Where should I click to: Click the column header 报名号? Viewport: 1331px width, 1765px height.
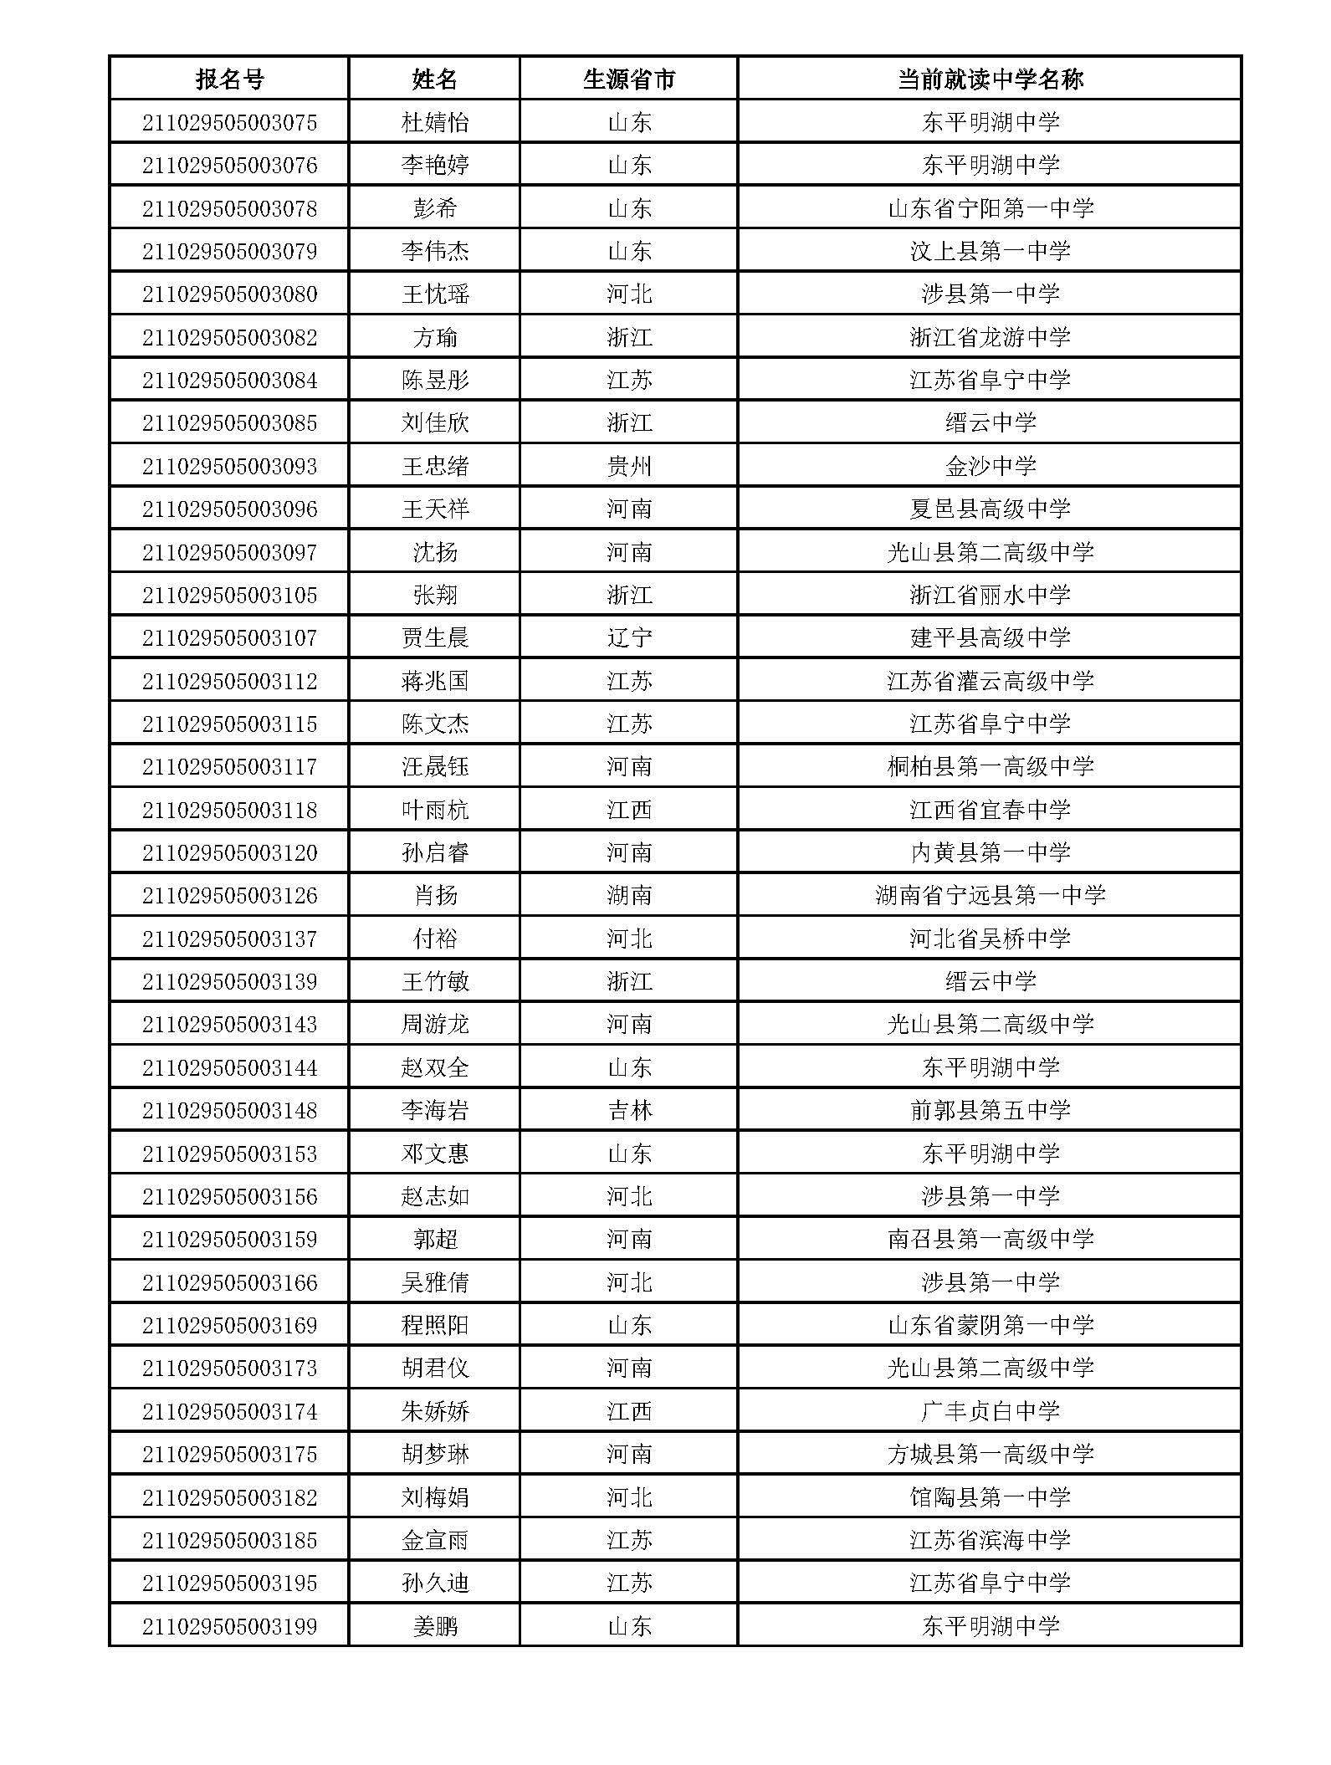point(229,79)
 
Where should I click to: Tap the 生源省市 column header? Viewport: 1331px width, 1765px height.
point(628,79)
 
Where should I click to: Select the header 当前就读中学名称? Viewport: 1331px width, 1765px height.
point(990,79)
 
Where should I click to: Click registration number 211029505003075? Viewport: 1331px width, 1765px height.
point(229,123)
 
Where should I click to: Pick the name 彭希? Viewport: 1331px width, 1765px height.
point(435,208)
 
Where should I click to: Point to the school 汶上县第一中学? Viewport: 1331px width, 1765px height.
point(990,251)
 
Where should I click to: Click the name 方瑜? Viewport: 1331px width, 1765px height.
point(435,337)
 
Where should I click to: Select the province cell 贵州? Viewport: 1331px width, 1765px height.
point(628,466)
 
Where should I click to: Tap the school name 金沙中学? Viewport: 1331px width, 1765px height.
point(990,466)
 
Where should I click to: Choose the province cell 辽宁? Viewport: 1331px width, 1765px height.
point(628,637)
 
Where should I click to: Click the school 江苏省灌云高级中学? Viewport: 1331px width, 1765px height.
point(990,681)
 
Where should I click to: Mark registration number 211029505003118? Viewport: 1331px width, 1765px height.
point(229,810)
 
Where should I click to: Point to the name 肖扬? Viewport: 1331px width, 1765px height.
point(435,895)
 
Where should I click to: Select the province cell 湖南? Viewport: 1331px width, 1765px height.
point(628,895)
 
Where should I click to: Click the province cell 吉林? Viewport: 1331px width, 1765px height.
point(628,1110)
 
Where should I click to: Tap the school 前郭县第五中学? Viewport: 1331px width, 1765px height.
point(990,1110)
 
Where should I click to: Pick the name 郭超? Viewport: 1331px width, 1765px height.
point(435,1239)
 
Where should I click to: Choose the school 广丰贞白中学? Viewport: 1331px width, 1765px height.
point(990,1411)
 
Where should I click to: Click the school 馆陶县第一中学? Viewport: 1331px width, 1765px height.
point(990,1496)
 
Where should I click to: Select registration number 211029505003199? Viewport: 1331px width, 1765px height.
point(229,1626)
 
